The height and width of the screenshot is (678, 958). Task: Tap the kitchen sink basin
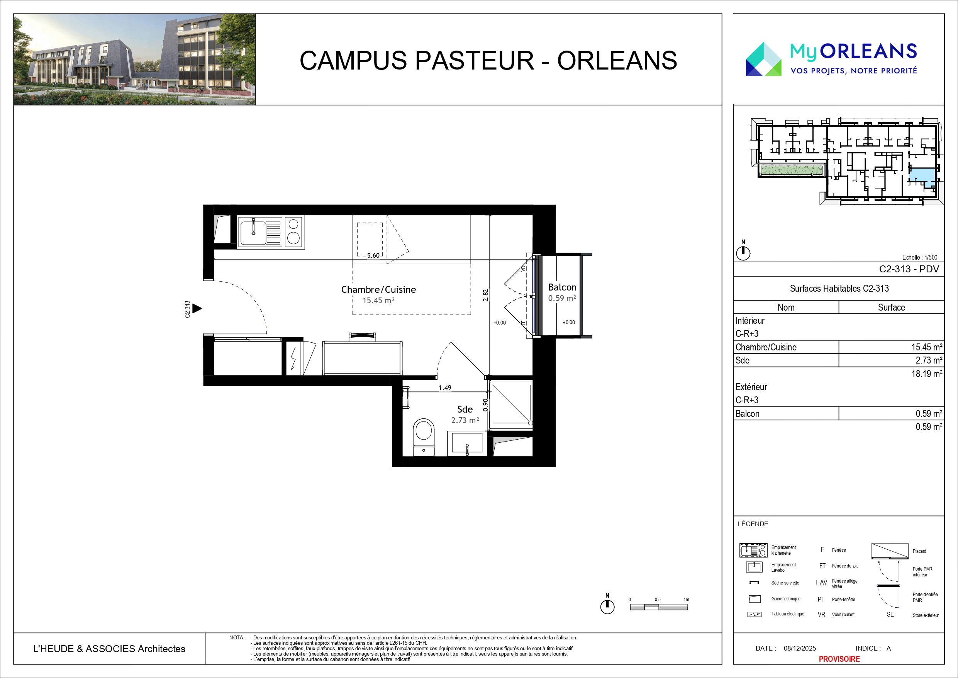click(x=253, y=233)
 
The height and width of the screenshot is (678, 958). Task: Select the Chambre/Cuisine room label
click(x=378, y=289)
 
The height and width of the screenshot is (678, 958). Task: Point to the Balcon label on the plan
click(x=562, y=287)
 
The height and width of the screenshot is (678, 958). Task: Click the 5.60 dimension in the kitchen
click(x=373, y=255)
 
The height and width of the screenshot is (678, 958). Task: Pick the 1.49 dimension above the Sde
click(x=445, y=387)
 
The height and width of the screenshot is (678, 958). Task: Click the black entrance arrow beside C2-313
click(x=197, y=309)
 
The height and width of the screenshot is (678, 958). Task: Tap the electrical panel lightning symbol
click(x=293, y=358)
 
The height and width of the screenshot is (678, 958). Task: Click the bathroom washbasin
click(x=467, y=444)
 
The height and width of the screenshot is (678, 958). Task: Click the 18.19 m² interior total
click(x=926, y=374)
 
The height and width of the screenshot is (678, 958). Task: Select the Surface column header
click(x=891, y=307)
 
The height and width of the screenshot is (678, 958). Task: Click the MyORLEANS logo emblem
click(x=763, y=59)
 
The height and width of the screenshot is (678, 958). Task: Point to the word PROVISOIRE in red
click(x=839, y=659)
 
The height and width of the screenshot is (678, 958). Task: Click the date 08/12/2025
click(x=799, y=648)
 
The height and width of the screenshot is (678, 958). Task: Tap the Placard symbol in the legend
click(x=890, y=551)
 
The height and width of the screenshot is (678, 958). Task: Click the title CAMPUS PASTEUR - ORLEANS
click(x=488, y=60)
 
